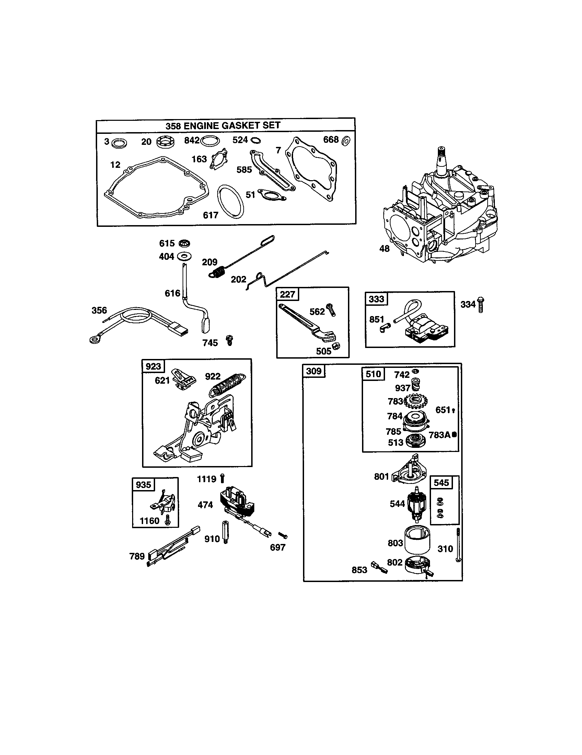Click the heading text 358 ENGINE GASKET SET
pos(223,126)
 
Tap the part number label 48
pos(384,248)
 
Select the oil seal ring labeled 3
pos(119,142)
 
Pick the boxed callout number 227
pos(288,294)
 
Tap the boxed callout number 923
pos(153,366)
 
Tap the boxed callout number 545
pos(441,483)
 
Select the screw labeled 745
pos(229,340)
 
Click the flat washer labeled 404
pos(184,256)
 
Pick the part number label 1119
pos(206,479)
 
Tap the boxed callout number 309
pos(314,371)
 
